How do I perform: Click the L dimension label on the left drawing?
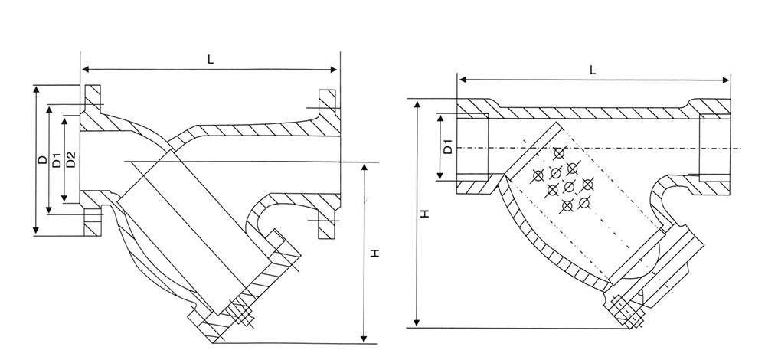point(210,57)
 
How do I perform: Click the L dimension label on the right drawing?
point(593,69)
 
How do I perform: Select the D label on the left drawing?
point(41,160)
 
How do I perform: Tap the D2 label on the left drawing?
point(70,160)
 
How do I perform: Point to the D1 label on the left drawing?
point(56,160)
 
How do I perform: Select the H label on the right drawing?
point(423,217)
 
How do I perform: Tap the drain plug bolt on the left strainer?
point(242,316)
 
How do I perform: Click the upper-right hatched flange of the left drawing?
point(325,104)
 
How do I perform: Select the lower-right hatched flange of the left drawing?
point(325,224)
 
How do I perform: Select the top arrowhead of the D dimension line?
point(35,89)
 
